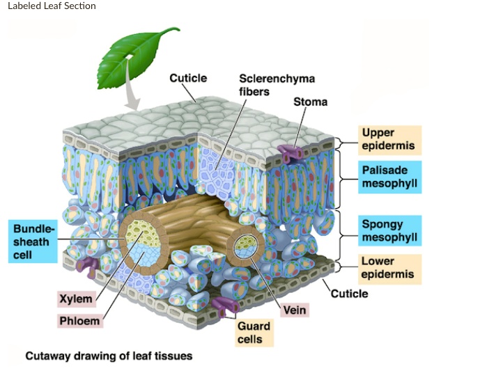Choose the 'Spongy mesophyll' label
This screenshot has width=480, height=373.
coord(391,230)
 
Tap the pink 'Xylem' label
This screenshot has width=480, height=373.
coord(75,299)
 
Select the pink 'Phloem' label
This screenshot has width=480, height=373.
coord(79,321)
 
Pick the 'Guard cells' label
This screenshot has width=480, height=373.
coord(249,333)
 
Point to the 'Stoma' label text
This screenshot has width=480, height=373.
coord(310,102)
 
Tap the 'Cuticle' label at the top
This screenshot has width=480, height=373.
coord(188,78)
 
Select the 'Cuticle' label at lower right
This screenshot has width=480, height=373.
coord(349,293)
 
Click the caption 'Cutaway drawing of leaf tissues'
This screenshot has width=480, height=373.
coord(109,356)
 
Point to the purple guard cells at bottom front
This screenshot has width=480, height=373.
coord(224,307)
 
